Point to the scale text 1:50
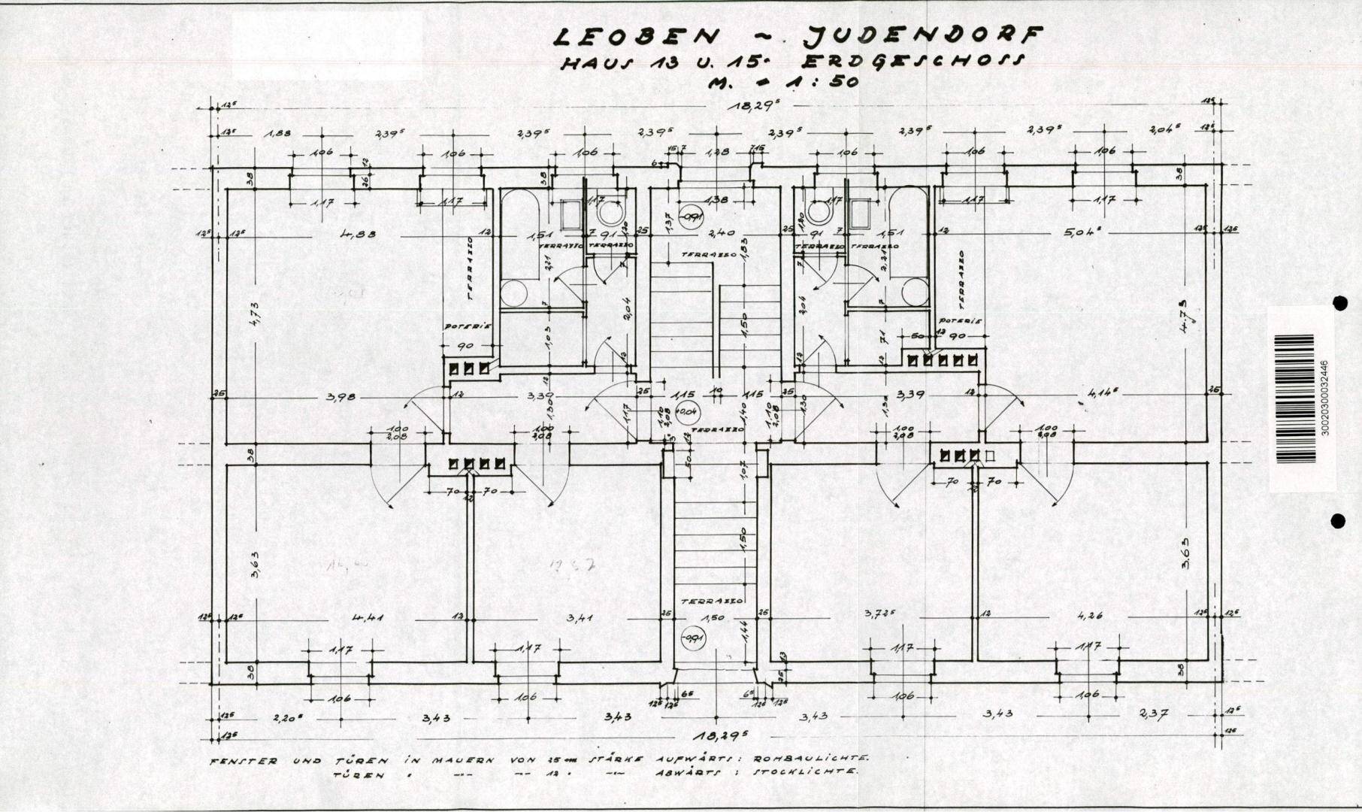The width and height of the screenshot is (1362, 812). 825,81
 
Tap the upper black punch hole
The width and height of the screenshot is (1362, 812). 1338,303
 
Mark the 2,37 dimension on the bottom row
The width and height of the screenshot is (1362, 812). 1153,712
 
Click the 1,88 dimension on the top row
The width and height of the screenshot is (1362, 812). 278,134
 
